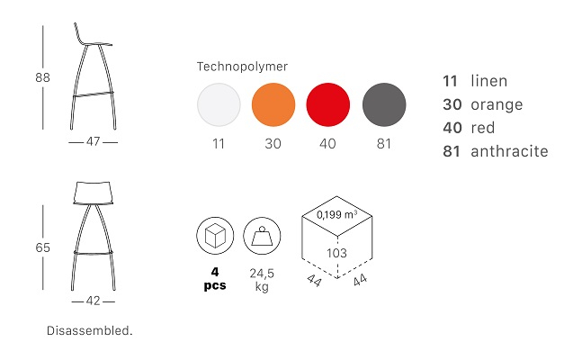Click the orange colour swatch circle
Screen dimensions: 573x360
[273, 104]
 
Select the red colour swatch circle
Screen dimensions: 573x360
[327, 104]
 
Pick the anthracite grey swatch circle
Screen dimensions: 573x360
[384, 104]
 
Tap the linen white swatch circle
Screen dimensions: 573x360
[219, 104]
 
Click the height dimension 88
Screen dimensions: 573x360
[42, 77]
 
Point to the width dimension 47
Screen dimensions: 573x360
[94, 141]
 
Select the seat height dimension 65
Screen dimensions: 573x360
[42, 247]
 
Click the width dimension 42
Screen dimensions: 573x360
[94, 301]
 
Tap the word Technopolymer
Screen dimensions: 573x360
[242, 67]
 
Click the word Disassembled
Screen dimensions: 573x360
[90, 330]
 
